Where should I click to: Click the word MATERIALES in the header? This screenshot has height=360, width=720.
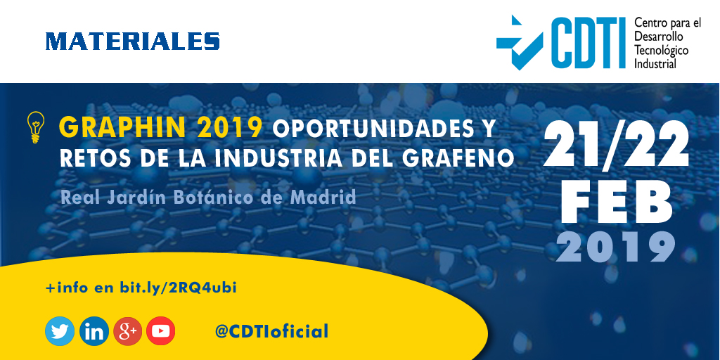133,41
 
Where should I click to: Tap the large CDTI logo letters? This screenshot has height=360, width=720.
588,42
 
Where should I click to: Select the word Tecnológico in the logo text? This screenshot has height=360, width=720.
661,51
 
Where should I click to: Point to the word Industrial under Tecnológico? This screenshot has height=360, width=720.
655,63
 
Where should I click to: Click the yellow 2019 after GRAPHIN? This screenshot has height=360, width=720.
230,128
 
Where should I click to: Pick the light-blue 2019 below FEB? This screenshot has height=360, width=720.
616,247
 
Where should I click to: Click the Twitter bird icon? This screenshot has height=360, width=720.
60,331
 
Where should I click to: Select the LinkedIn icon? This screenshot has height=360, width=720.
94,331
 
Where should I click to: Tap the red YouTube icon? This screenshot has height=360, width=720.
161,331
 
